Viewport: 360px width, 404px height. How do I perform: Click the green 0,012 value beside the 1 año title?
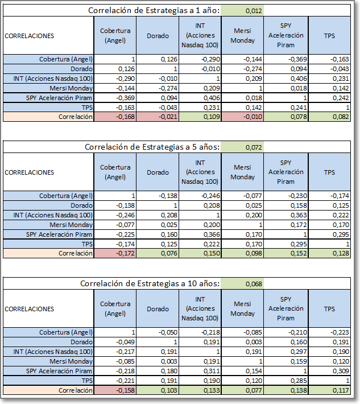pos(254,11)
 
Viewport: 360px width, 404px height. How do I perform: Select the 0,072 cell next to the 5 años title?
pos(254,147)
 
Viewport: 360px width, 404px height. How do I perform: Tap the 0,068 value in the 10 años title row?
pos(254,284)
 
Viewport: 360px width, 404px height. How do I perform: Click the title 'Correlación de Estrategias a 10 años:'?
pos(150,283)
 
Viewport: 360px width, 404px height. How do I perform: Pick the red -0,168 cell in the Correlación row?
pos(125,117)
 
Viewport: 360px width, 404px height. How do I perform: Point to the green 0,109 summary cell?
pos(212,117)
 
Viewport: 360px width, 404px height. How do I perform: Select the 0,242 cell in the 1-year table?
pos(341,98)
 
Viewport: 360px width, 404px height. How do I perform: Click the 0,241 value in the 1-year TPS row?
pos(299,108)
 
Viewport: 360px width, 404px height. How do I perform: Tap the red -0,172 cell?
pos(125,253)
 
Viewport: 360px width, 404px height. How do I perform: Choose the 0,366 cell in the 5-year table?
pos(212,234)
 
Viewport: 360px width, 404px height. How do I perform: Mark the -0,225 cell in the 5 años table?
pos(125,234)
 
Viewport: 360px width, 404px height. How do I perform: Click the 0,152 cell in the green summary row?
pos(299,253)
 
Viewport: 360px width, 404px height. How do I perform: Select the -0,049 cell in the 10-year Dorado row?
pos(125,342)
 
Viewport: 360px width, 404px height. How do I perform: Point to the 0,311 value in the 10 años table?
pos(212,371)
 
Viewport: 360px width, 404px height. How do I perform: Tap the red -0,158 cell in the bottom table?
pos(125,390)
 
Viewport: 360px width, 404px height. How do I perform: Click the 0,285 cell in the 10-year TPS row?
pos(299,381)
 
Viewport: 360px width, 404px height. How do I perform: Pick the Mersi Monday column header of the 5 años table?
pos(243,172)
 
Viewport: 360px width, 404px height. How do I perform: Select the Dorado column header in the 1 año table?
pos(158,35)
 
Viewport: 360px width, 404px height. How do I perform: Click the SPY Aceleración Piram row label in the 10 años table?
pos(59,371)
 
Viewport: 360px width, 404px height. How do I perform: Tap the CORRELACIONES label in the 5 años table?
pos(30,172)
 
